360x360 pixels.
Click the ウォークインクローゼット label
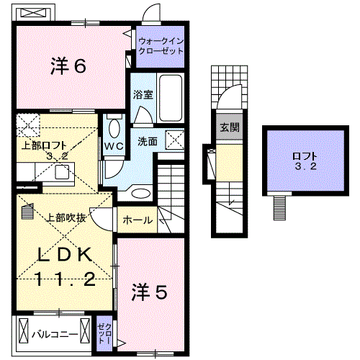161,47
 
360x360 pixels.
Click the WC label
114,145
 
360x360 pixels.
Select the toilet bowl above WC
114,128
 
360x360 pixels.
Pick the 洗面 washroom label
148,141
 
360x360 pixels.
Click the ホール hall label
138,220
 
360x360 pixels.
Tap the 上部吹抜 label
67,217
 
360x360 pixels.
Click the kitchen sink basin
61,171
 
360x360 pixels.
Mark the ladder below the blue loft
279,208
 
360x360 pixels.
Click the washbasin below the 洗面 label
141,192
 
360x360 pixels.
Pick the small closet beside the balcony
105,333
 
